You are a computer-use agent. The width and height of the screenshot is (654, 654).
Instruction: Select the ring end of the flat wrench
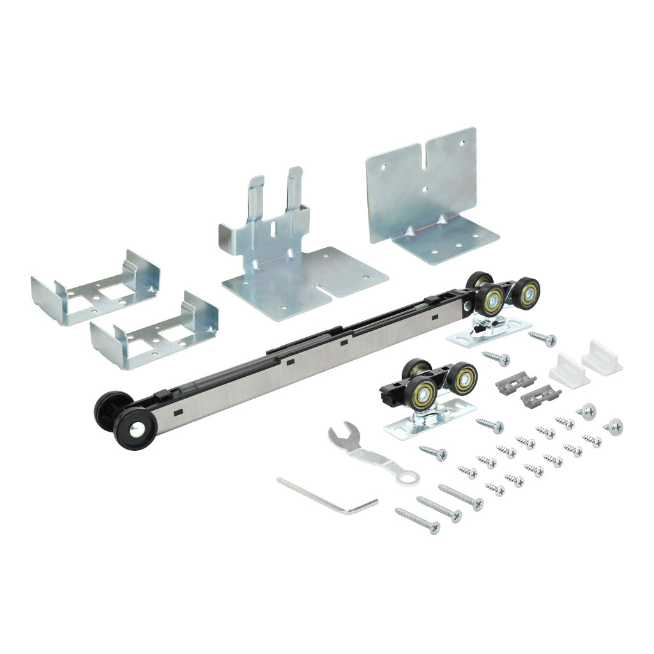pyautogui.click(x=406, y=476)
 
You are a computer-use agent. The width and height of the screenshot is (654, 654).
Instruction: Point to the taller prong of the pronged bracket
pyautogui.click(x=294, y=185)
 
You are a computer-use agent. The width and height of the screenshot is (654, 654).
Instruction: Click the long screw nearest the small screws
pyautogui.click(x=460, y=497)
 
